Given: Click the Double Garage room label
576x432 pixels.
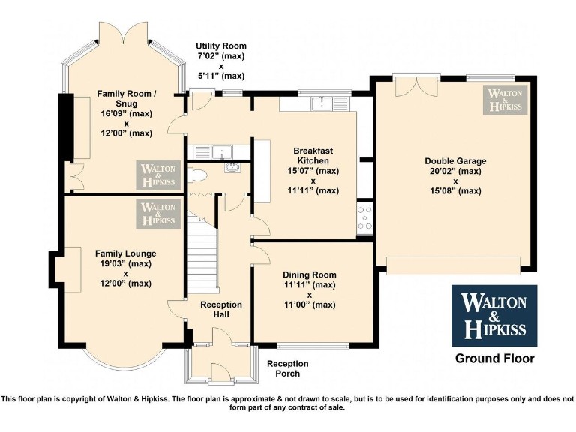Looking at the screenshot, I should [x=455, y=160].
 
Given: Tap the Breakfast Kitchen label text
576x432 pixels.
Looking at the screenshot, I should [x=313, y=155].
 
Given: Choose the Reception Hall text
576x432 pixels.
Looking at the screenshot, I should [x=221, y=309].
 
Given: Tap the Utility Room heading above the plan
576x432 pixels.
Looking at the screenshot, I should [x=220, y=46].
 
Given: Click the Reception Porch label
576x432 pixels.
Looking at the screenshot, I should [x=288, y=368].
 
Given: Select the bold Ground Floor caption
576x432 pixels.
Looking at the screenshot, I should [x=495, y=358].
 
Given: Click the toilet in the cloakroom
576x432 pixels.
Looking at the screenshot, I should [x=197, y=175].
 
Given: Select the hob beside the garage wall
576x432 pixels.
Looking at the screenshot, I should [x=365, y=218].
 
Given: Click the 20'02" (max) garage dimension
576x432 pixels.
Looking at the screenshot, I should [x=455, y=171].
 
